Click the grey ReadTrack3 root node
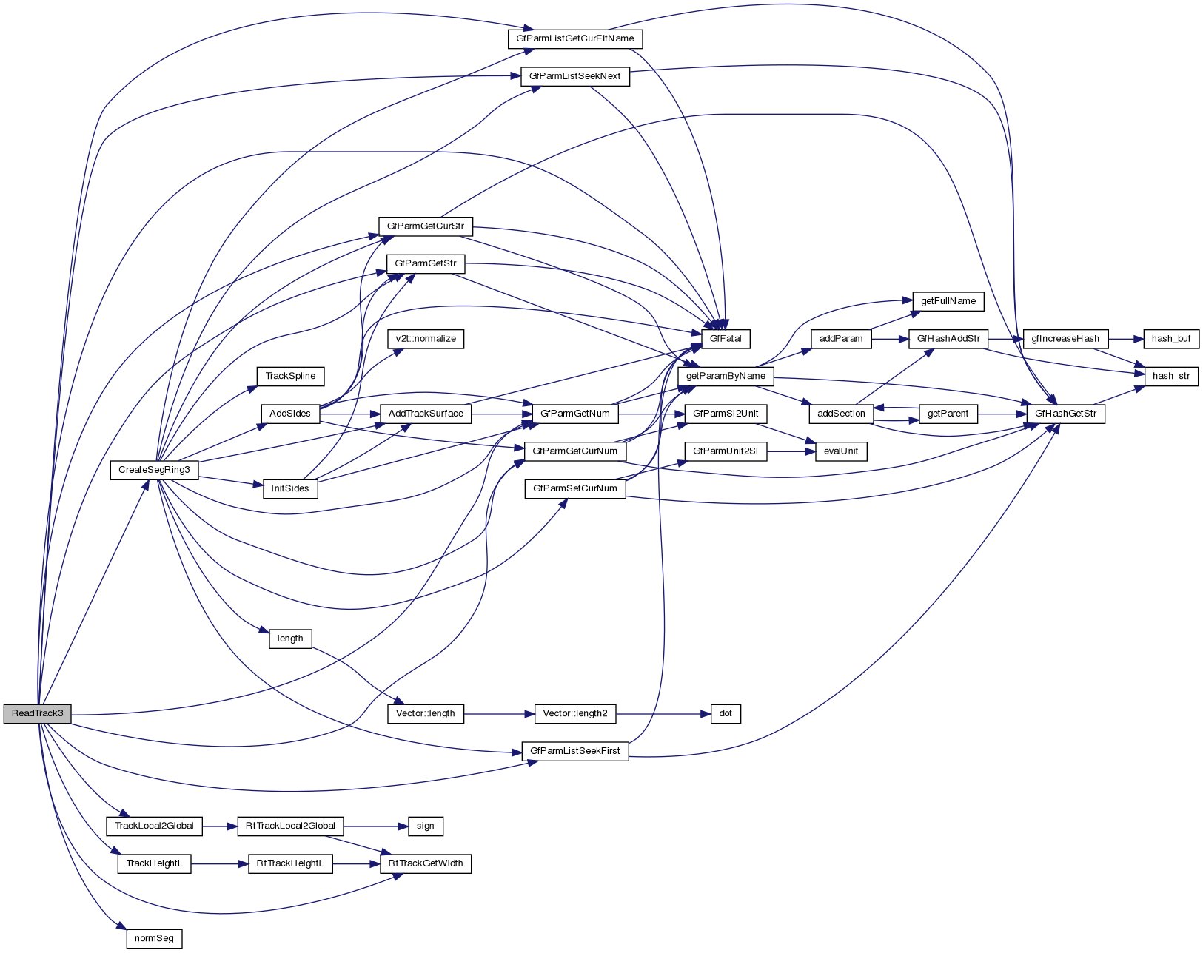point(37,714)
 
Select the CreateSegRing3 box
point(154,470)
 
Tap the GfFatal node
point(726,339)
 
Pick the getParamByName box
point(726,376)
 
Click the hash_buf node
point(1171,339)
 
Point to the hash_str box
point(1171,376)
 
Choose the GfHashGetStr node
point(1065,414)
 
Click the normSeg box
point(154,938)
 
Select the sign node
point(425,826)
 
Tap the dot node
point(726,714)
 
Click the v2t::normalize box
point(426,339)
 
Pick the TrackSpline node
point(290,376)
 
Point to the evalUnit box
point(841,451)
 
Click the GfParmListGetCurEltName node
point(574,38)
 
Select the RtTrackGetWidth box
point(426,863)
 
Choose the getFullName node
point(948,301)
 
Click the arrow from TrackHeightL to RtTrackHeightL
point(219,863)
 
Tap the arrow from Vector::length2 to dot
point(663,714)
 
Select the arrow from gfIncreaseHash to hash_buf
point(1126,339)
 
